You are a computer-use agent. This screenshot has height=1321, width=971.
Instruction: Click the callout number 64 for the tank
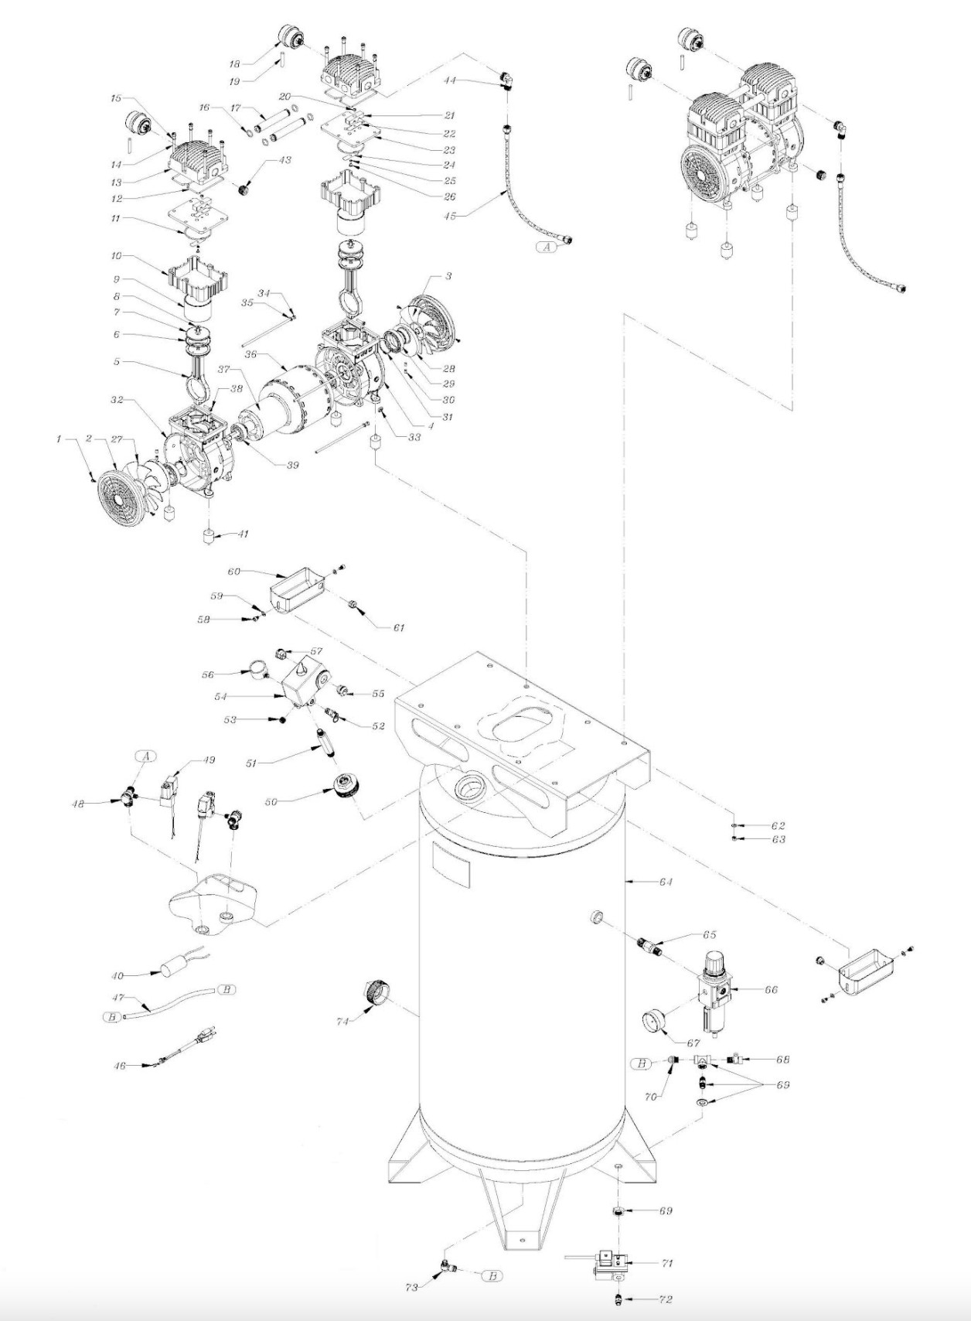point(666,882)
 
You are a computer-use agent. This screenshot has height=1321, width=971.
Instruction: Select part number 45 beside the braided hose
point(449,216)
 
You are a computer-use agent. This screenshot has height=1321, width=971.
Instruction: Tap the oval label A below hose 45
point(547,247)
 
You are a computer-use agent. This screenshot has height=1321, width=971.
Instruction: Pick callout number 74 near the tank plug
point(342,1021)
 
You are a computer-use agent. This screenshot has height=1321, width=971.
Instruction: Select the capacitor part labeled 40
point(177,968)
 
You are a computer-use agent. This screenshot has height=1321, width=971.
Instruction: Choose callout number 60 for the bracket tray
point(233,572)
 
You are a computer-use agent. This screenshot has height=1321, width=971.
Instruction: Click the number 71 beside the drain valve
point(667,1263)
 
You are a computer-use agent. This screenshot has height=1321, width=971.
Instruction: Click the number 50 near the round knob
point(271,803)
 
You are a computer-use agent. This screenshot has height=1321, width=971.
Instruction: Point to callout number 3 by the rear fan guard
point(448,276)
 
